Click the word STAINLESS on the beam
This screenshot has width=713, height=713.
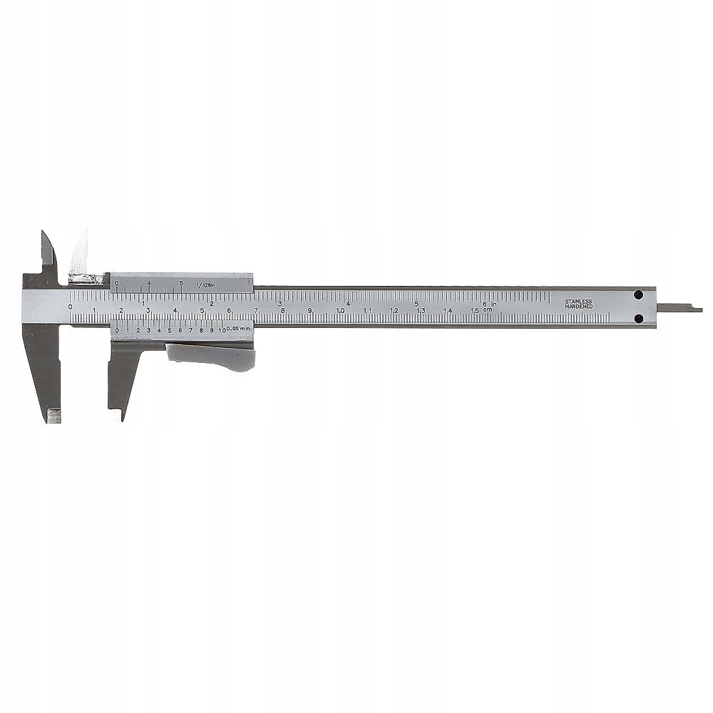coord(578,301)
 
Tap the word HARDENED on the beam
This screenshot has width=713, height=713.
coord(578,307)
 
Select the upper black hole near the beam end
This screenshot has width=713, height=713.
coord(638,294)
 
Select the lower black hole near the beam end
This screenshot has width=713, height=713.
coord(638,318)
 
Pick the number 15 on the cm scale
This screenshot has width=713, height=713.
coord(474,310)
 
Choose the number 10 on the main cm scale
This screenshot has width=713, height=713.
coord(340,310)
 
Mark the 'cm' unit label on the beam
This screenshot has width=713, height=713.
coord(487,309)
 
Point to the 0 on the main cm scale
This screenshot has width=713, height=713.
coord(70,307)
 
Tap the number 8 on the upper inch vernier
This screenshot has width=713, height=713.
coord(181,283)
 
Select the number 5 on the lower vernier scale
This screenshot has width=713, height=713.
coord(170,330)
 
